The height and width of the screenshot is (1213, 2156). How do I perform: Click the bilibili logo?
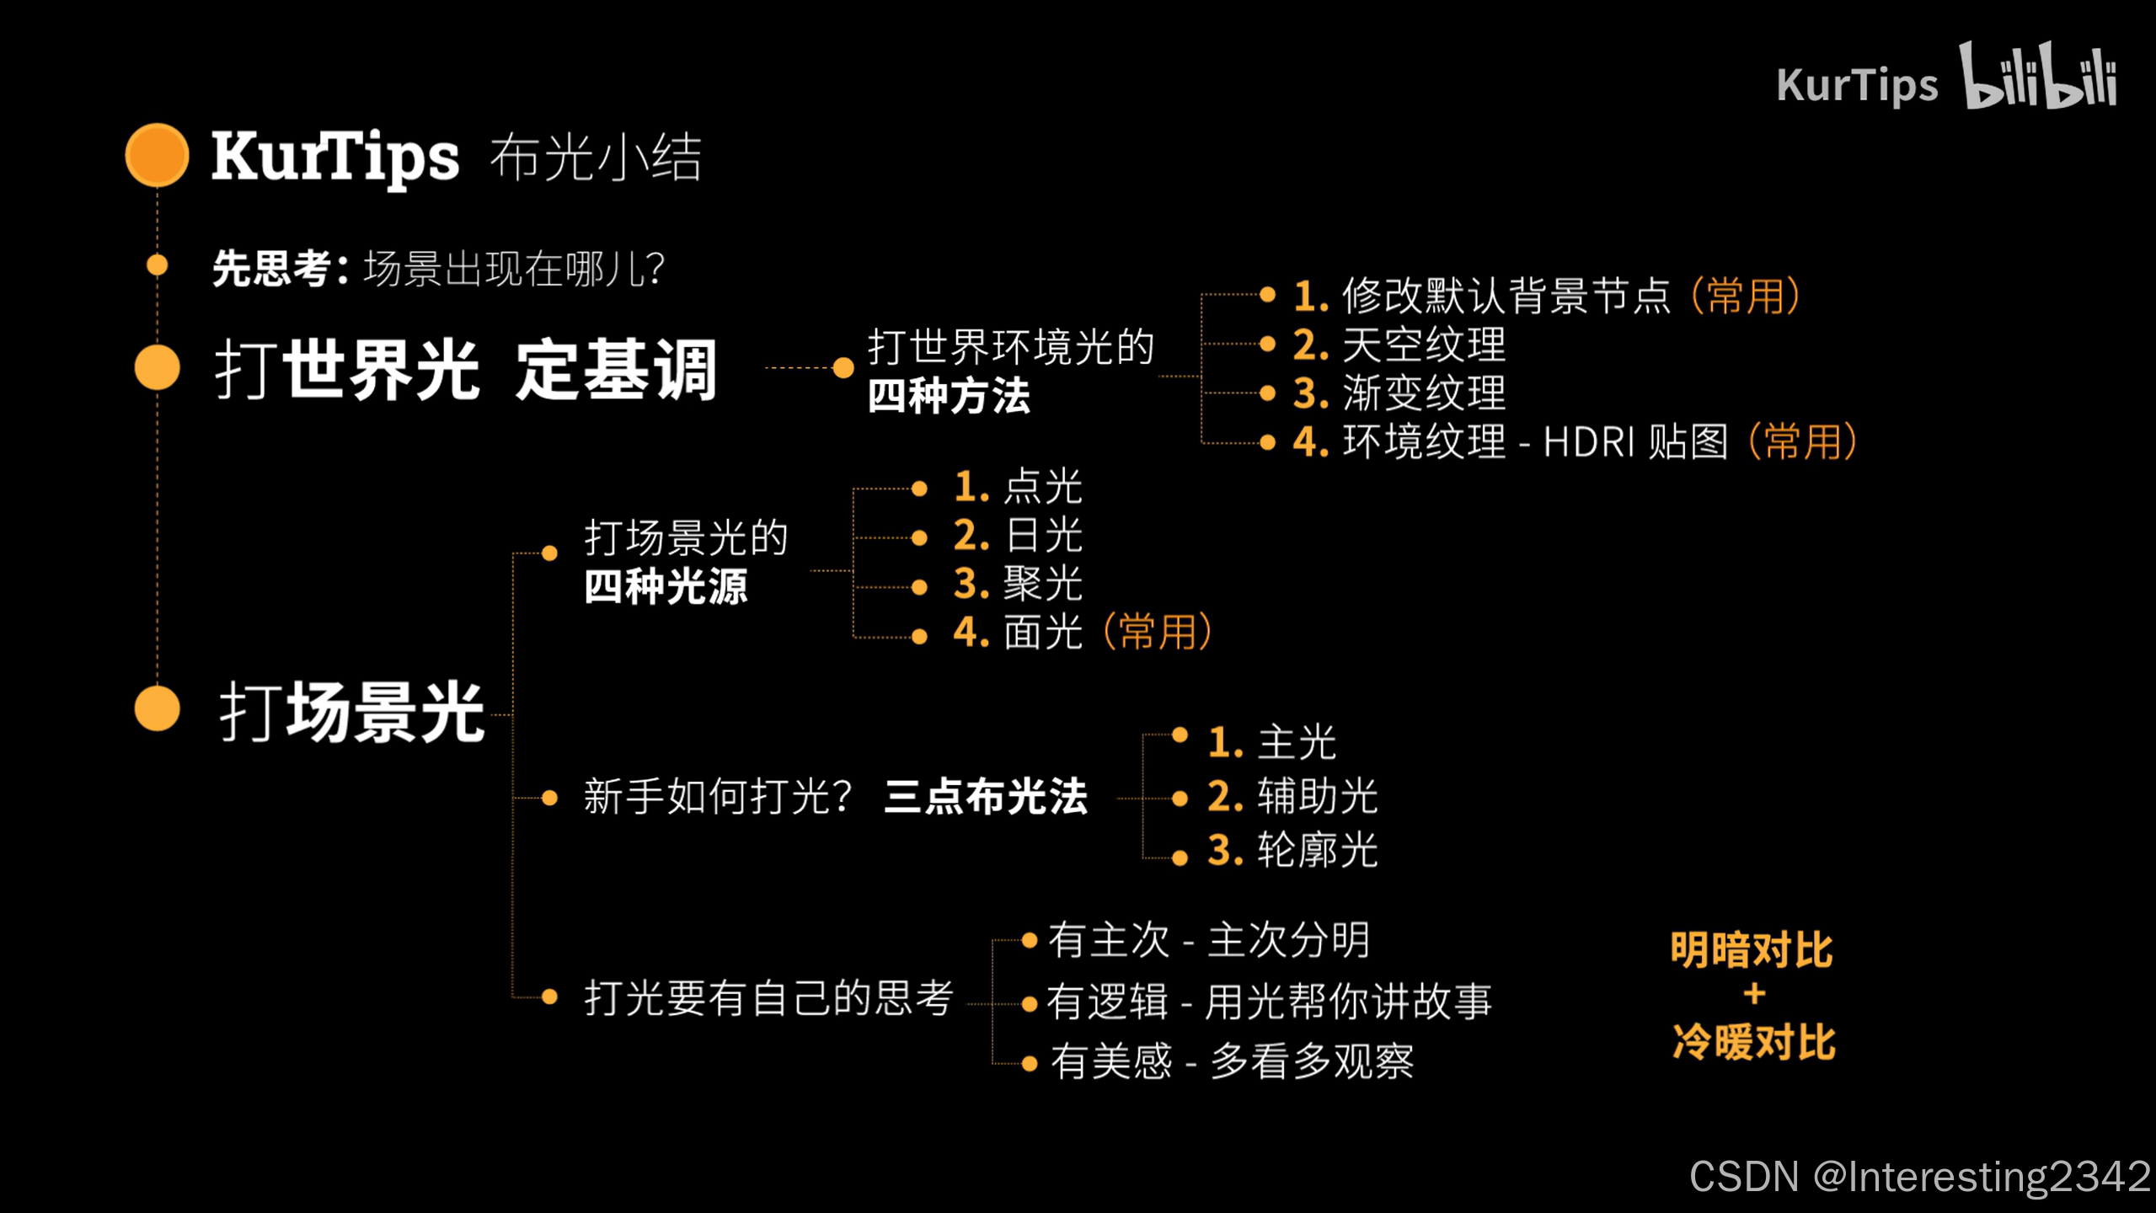[x=2037, y=77]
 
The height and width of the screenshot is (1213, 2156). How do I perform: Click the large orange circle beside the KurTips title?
[x=157, y=155]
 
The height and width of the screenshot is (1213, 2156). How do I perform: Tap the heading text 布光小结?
[x=595, y=157]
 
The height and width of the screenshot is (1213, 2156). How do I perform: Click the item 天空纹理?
[x=1423, y=345]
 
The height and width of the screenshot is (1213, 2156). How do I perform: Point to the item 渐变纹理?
[x=1423, y=393]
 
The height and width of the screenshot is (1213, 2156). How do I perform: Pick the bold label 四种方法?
[x=949, y=396]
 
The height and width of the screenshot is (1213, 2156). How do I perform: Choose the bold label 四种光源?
[x=666, y=586]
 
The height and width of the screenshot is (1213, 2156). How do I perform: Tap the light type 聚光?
[x=1042, y=584]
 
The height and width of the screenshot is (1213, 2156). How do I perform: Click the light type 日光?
[x=1042, y=536]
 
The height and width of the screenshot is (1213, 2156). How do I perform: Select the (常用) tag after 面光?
[x=1157, y=632]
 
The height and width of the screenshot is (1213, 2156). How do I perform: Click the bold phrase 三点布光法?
[x=986, y=796]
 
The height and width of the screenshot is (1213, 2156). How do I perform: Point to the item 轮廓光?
[x=1317, y=850]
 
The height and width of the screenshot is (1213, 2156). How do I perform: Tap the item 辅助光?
[x=1317, y=796]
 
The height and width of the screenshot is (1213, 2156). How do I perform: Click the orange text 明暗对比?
[x=1752, y=950]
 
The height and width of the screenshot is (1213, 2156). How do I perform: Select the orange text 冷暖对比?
[x=1753, y=1042]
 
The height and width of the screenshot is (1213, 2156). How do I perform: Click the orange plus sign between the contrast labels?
[x=1754, y=995]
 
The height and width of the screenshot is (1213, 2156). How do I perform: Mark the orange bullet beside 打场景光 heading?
[x=158, y=708]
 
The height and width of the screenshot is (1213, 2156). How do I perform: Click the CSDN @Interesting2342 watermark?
[x=1920, y=1176]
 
